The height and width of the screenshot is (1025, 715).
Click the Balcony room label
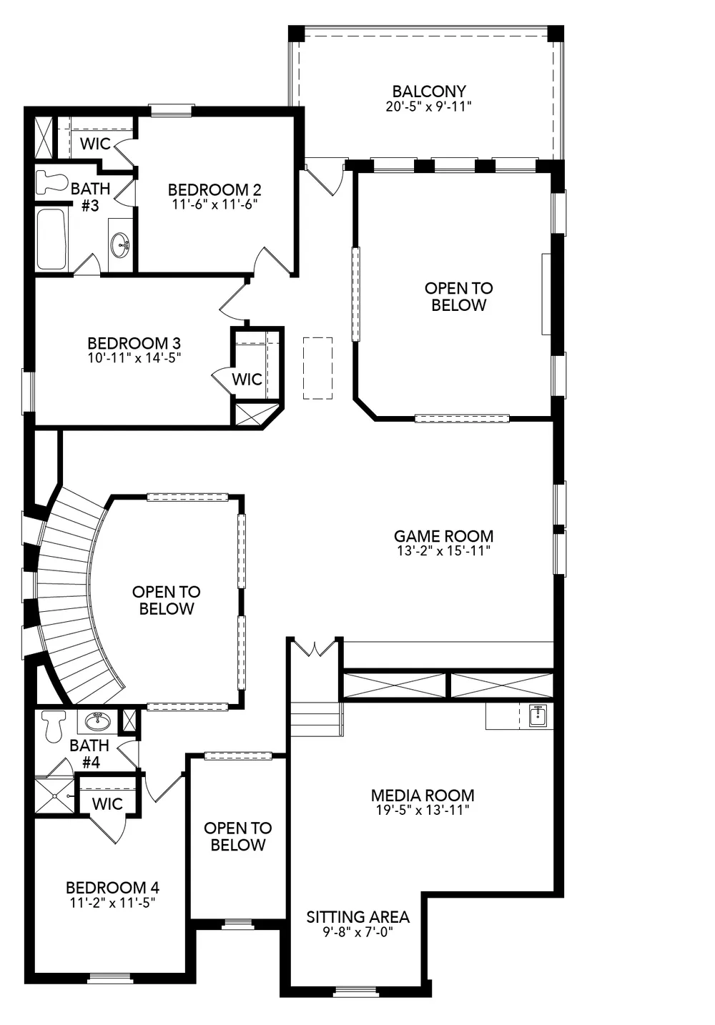[429, 91]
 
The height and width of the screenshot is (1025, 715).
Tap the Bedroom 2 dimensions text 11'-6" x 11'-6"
[214, 204]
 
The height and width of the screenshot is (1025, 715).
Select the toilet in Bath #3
[51, 182]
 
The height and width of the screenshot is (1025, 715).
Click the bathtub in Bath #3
[51, 239]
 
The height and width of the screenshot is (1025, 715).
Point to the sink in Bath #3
[120, 245]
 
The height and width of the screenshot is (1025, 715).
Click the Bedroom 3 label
[134, 343]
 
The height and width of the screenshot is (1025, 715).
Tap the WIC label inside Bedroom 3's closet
[247, 379]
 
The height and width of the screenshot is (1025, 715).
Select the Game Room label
[443, 536]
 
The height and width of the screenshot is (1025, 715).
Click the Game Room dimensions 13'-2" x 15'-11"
[443, 551]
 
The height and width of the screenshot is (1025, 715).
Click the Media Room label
[423, 795]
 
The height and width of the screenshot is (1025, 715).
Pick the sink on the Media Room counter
[538, 715]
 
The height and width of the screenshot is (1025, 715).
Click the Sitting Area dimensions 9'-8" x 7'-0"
[357, 932]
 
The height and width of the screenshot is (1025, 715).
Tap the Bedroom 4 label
[112, 888]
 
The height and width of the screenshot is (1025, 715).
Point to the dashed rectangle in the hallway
[318, 368]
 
